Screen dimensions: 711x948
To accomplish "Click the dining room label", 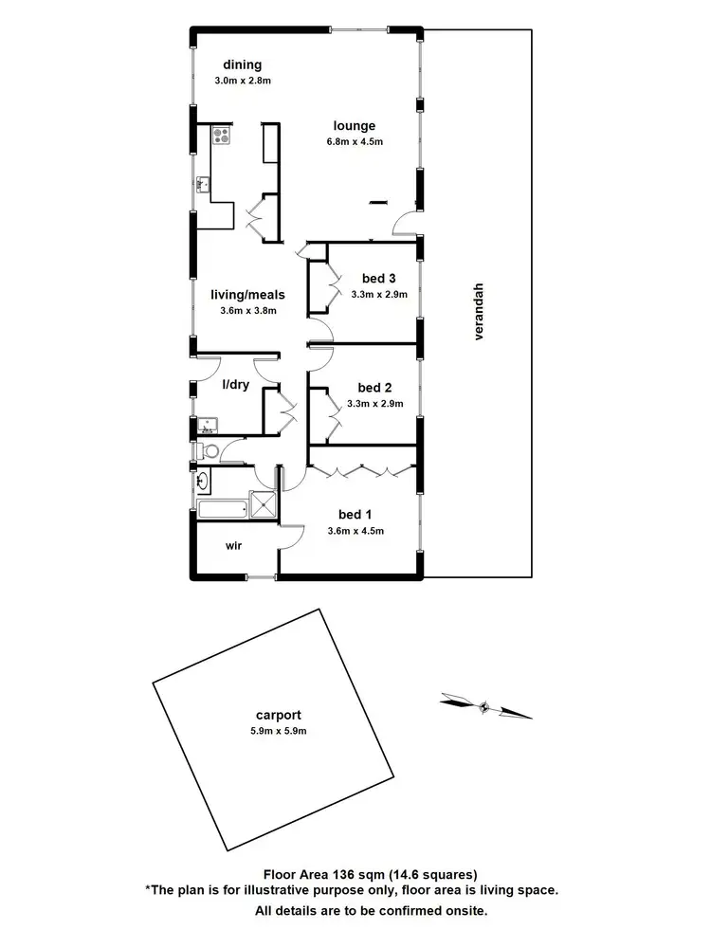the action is coord(242,64).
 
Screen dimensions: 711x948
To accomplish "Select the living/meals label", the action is coord(247,294).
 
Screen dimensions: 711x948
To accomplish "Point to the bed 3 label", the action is coord(378,278).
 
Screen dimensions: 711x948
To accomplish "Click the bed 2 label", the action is coord(374,387).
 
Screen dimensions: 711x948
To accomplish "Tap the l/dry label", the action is coord(235,387).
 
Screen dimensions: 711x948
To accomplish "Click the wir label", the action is coord(235,546).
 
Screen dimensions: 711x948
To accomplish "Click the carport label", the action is coord(278,716).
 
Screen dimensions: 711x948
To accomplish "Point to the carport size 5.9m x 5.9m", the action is coord(278,731).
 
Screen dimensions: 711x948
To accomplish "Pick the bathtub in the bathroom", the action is coord(223,509).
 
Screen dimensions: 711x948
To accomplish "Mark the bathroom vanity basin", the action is coord(201,482).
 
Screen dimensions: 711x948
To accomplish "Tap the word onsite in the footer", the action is coord(462,910).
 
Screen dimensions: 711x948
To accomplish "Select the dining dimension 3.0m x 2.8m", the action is coord(242,81).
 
